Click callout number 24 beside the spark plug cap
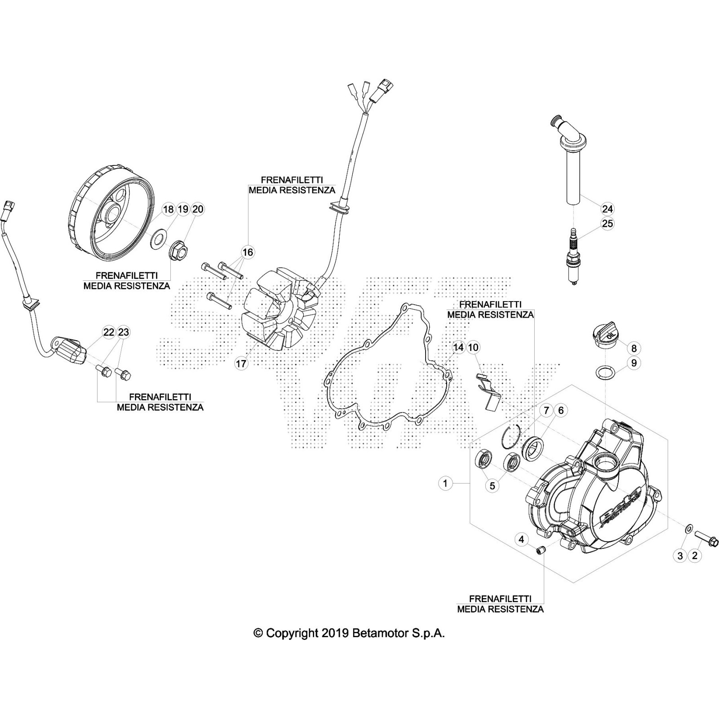point(607,209)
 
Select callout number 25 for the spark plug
point(607,223)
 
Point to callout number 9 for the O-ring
point(634,363)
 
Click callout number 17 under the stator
point(241,364)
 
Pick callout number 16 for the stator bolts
point(248,252)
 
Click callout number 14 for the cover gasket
point(458,347)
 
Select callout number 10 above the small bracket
point(473,347)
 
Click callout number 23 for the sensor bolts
point(123,332)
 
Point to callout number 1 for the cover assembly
point(445,484)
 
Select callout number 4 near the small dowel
point(521,540)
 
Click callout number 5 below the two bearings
point(492,486)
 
